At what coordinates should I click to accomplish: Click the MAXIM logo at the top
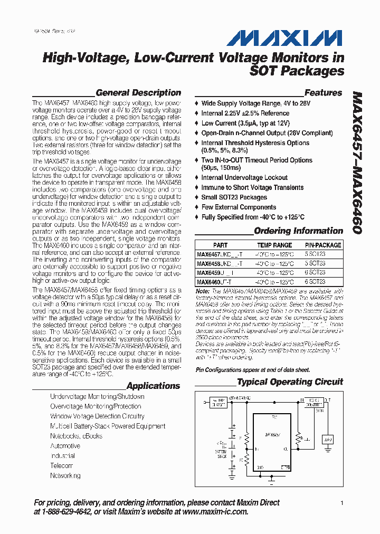[x=285, y=38]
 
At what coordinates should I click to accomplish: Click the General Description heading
[x=138, y=93]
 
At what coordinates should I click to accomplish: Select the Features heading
[x=323, y=93]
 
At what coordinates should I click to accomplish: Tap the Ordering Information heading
[x=298, y=231]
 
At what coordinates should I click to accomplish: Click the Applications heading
[x=153, y=386]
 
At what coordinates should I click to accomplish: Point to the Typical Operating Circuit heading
[x=290, y=382]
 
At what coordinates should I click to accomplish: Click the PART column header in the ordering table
[x=220, y=245]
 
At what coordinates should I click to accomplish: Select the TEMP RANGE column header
[x=274, y=245]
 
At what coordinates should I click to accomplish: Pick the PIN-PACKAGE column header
[x=323, y=245]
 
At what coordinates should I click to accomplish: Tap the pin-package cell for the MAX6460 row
[x=315, y=282]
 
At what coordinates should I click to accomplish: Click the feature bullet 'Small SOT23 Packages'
[x=234, y=197]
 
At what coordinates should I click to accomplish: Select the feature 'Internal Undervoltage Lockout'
[x=244, y=178]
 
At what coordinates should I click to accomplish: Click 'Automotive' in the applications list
[x=65, y=446]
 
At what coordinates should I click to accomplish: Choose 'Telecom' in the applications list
[x=61, y=466]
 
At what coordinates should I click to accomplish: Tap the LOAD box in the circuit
[x=328, y=439]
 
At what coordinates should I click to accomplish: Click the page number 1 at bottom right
[x=342, y=503]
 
